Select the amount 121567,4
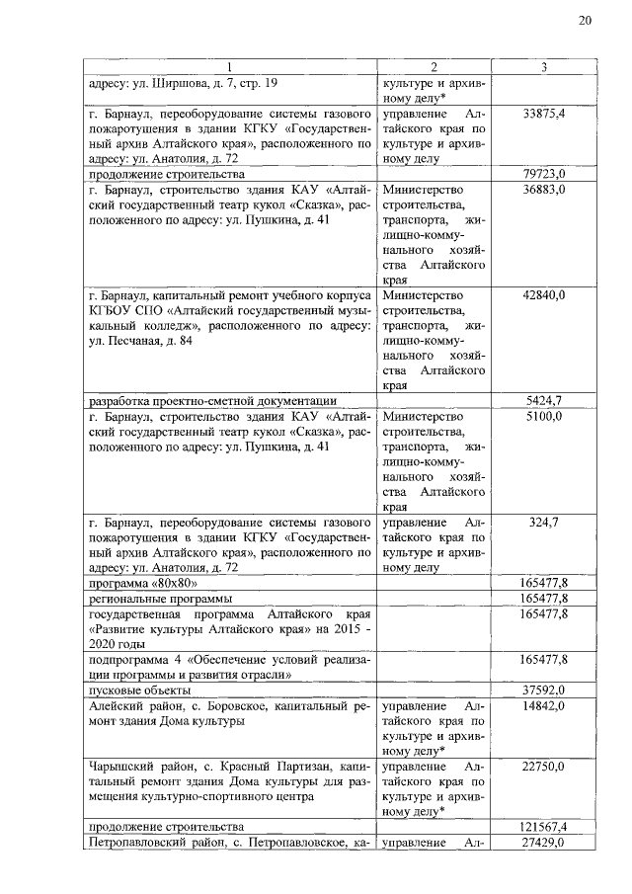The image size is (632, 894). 544,826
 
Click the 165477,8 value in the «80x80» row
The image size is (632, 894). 544,583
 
